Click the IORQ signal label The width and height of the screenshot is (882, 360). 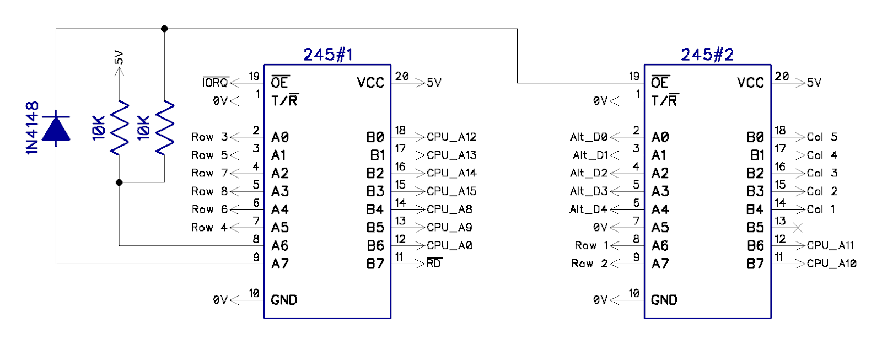point(215,83)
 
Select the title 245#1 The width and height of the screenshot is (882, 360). point(328,55)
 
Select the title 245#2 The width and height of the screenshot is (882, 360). point(707,55)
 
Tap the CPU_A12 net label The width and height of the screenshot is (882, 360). point(451,137)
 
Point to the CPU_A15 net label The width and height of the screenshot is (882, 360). point(451,191)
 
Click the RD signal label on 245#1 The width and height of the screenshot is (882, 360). point(434,264)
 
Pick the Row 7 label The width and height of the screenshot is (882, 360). point(209,173)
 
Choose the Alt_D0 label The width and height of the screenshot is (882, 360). point(588,137)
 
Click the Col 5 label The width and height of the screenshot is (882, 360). point(822,137)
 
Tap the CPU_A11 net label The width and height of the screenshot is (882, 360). point(830,245)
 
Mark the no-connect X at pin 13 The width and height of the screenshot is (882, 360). point(797,227)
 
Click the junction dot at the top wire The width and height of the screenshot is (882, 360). point(164,28)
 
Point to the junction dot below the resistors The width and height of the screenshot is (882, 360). point(119,182)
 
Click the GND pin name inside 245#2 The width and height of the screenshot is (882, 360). point(664,300)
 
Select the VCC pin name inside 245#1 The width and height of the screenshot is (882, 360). point(370,83)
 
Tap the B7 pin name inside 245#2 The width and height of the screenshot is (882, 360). point(755,264)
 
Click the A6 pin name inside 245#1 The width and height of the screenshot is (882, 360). point(279,245)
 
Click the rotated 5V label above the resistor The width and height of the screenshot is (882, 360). point(119,57)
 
